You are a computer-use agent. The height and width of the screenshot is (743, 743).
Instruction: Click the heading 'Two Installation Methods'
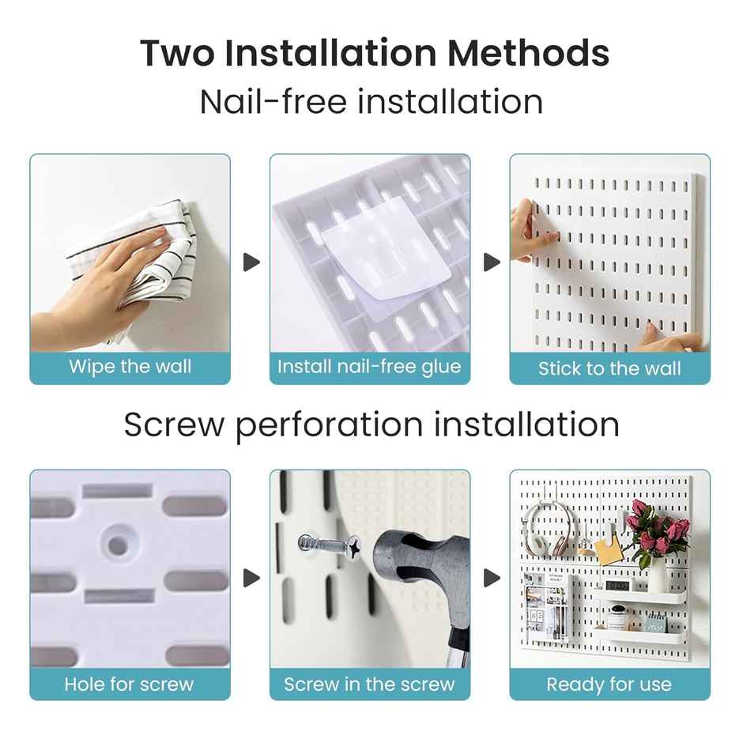pos(375,53)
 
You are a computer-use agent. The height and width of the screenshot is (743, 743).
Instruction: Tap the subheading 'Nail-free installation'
pos(371,102)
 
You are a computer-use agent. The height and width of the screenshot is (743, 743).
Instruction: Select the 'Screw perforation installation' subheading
pos(371,424)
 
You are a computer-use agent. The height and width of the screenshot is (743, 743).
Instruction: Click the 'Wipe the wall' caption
pos(130,367)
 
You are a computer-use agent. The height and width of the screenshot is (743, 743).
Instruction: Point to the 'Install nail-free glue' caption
pos(369,367)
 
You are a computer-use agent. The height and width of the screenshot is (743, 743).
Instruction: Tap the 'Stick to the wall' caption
pos(609,368)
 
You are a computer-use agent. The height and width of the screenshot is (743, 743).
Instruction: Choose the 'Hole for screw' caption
pos(130,684)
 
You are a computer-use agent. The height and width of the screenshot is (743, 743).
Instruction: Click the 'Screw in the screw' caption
pos(369,684)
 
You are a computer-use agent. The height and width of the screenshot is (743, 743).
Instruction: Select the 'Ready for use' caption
pos(609,684)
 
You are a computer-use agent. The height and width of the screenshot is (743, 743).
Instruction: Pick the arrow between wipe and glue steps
pos(251,262)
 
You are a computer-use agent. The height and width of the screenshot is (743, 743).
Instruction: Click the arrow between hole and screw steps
pos(251,578)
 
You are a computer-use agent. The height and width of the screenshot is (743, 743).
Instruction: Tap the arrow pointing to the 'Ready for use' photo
pos(492,578)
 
